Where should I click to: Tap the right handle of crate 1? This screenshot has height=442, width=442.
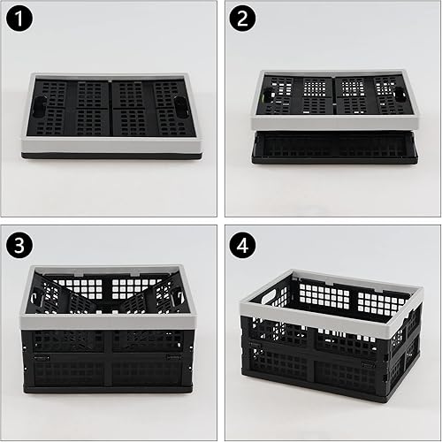(x=179, y=109)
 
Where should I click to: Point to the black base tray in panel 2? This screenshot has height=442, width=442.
(x=334, y=148)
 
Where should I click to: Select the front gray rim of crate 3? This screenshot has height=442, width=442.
(x=106, y=322)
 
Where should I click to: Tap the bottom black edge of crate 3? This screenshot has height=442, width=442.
(x=106, y=390)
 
